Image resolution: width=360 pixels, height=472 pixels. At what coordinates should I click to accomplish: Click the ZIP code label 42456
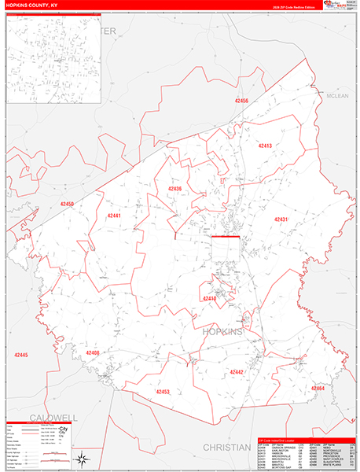pyautogui.click(x=241, y=101)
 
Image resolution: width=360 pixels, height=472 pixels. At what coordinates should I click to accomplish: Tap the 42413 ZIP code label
pyautogui.click(x=265, y=146)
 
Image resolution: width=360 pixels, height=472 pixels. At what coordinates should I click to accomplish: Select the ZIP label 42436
pyautogui.click(x=174, y=189)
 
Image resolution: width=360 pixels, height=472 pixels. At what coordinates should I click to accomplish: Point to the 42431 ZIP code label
pyautogui.click(x=281, y=219)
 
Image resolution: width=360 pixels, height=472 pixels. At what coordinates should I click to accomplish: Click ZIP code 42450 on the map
pyautogui.click(x=67, y=205)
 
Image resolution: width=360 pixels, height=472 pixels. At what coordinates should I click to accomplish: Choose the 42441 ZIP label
pyautogui.click(x=114, y=216)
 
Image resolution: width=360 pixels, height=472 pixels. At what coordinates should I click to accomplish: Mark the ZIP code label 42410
pyautogui.click(x=209, y=299)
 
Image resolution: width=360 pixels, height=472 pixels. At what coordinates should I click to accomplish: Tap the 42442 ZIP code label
pyautogui.click(x=237, y=371)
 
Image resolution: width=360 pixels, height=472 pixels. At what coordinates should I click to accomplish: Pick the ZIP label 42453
pyautogui.click(x=163, y=391)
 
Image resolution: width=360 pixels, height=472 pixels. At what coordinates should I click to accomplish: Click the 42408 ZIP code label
pyautogui.click(x=93, y=353)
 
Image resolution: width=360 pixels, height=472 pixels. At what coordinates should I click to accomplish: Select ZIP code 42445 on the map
pyautogui.click(x=21, y=356)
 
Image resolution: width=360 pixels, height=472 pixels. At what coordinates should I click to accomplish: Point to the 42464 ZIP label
pyautogui.click(x=317, y=389)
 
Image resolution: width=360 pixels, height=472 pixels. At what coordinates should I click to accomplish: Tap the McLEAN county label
pyautogui.click(x=337, y=96)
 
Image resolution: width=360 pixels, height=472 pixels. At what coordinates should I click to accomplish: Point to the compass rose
pyautogui.click(x=81, y=458)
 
